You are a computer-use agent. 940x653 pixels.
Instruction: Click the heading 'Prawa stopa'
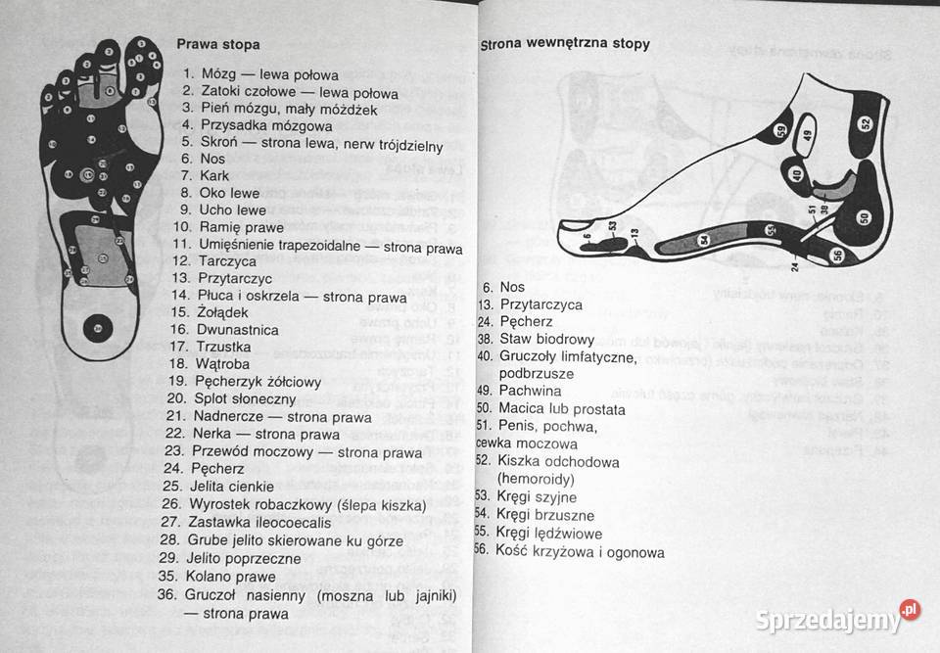point(218,44)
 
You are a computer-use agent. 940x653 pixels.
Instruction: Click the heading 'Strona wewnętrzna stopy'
point(565,44)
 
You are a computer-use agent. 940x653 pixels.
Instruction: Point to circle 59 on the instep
point(780,130)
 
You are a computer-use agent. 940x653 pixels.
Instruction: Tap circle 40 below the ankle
point(797,175)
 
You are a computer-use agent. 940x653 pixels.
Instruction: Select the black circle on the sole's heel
point(96,327)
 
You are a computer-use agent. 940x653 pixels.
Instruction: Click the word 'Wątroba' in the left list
point(225,362)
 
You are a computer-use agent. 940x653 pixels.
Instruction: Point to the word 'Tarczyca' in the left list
point(227,261)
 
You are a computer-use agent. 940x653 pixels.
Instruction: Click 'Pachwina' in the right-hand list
point(530,390)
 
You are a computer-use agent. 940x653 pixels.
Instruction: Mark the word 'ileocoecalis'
point(294,522)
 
